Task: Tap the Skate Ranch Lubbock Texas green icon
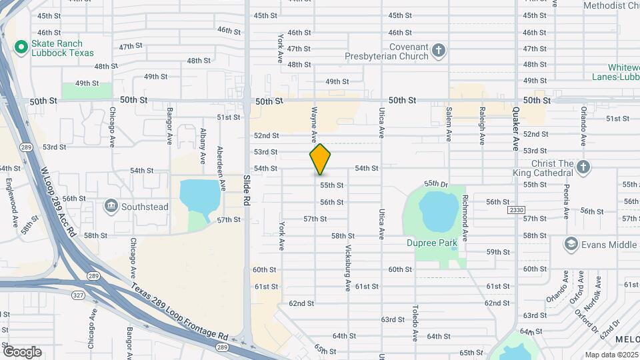pos(21,47)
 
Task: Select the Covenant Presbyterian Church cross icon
pos(439,50)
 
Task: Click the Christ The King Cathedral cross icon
pos(583,167)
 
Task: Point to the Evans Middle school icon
pos(571,245)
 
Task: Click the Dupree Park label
pos(432,243)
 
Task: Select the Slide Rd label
pos(247,190)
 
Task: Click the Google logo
pos(23,351)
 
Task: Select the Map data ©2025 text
pos(611,355)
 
